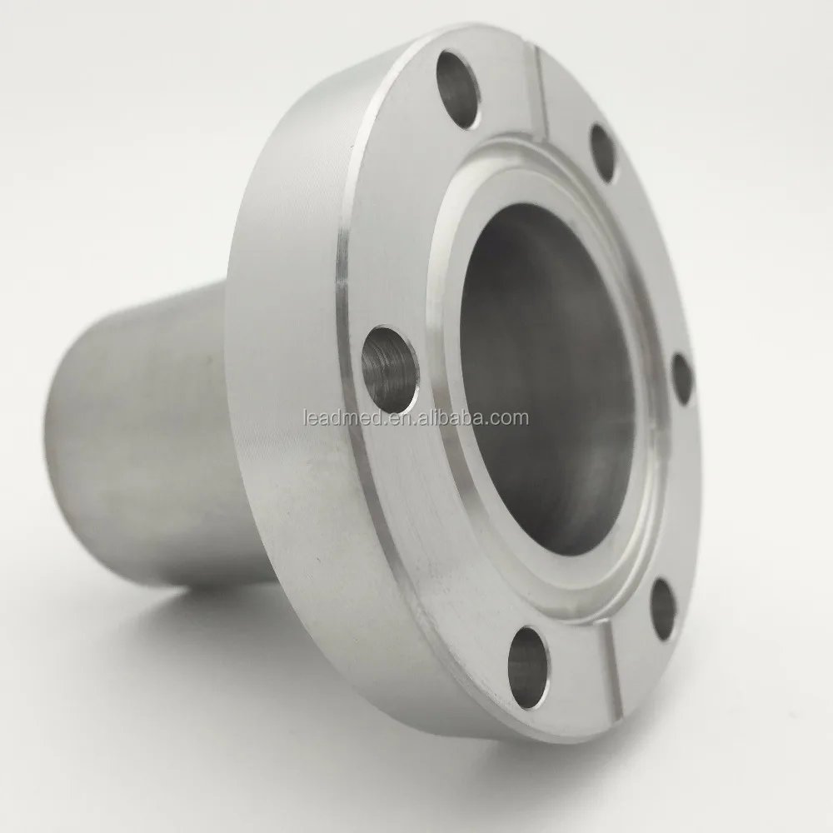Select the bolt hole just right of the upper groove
604,152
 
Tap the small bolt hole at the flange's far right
682,379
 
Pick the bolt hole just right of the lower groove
663,609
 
